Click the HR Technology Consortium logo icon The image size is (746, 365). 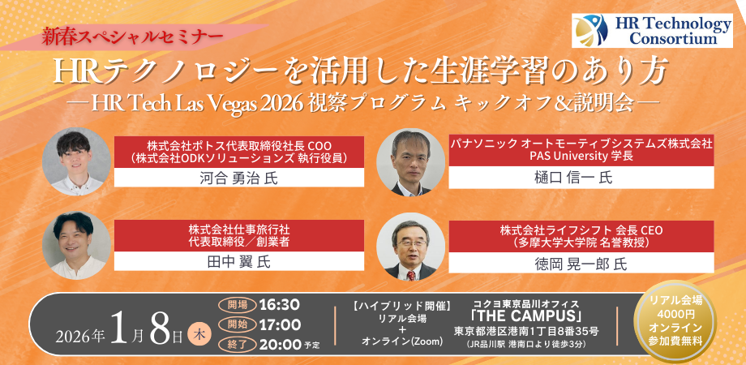pyautogui.click(x=590, y=31)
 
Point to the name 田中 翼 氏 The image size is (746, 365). pyautogui.click(x=239, y=262)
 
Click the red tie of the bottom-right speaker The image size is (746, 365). pyautogui.click(x=410, y=276)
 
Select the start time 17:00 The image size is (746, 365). pyautogui.click(x=280, y=325)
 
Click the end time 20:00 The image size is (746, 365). pyautogui.click(x=280, y=344)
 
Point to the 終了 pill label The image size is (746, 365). pyautogui.click(x=238, y=344)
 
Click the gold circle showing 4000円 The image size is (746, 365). pyautogui.click(x=675, y=323)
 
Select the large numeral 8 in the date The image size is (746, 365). pyautogui.click(x=160, y=328)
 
